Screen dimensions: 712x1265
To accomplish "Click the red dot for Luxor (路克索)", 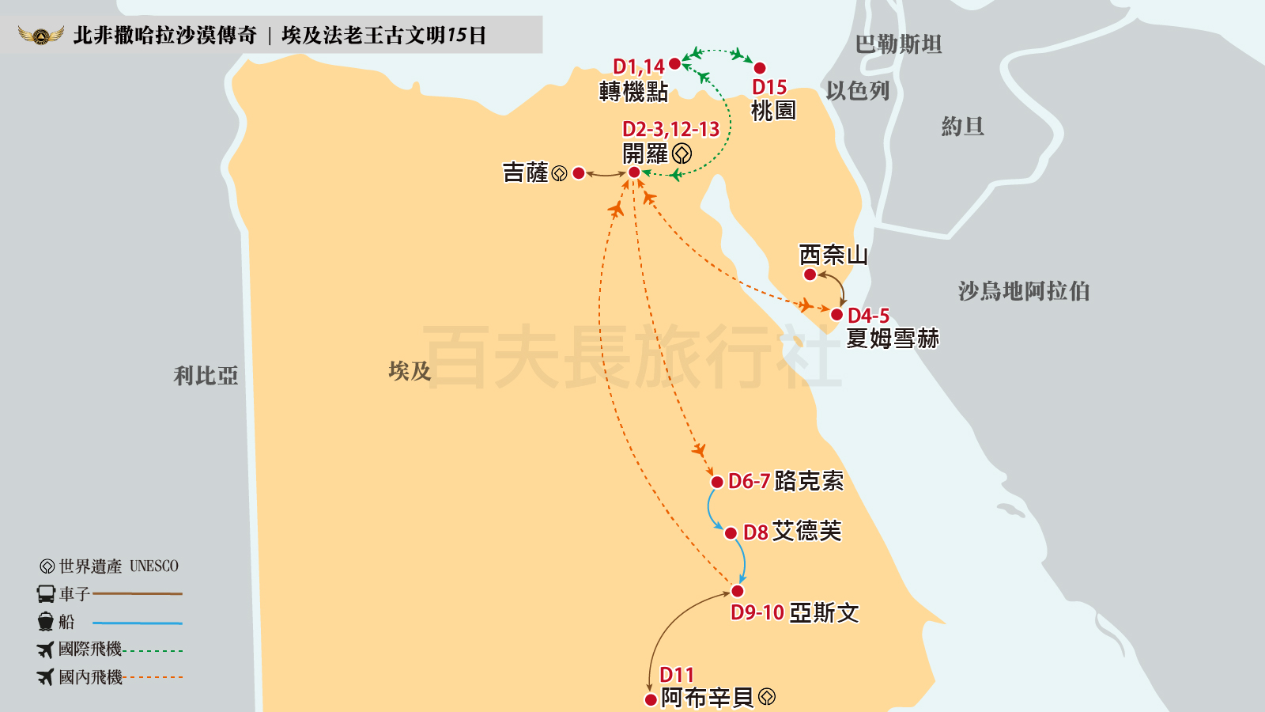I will click(717, 482).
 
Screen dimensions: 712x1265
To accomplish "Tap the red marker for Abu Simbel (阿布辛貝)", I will click(650, 699).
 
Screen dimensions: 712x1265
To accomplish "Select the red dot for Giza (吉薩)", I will click(579, 173).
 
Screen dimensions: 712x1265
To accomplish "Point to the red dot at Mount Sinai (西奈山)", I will click(810, 275).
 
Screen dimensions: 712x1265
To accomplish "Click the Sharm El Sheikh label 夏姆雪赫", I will click(892, 339).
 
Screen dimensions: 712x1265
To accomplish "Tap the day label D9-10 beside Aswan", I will click(757, 612).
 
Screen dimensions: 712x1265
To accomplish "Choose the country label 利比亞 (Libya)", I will click(206, 375).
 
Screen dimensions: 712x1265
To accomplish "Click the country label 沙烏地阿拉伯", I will click(1023, 291).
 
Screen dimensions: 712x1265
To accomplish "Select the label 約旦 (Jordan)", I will click(962, 127).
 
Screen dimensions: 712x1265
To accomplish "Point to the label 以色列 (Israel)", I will click(858, 91).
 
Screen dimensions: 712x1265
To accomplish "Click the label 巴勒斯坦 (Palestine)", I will click(898, 44).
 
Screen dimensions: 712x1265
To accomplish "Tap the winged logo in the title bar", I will click(41, 36).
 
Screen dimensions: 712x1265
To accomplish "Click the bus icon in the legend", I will click(46, 593).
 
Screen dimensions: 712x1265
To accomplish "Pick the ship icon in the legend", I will click(46, 622).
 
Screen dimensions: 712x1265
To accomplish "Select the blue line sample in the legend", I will click(137, 623).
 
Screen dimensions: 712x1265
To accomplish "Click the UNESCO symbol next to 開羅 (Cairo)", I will click(682, 153).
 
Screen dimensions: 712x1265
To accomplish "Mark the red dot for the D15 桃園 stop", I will click(760, 68).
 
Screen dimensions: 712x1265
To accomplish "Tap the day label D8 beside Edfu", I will click(755, 532).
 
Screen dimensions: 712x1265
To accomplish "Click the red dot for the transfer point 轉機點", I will click(674, 63).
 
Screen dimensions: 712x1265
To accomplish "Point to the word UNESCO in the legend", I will click(154, 566).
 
